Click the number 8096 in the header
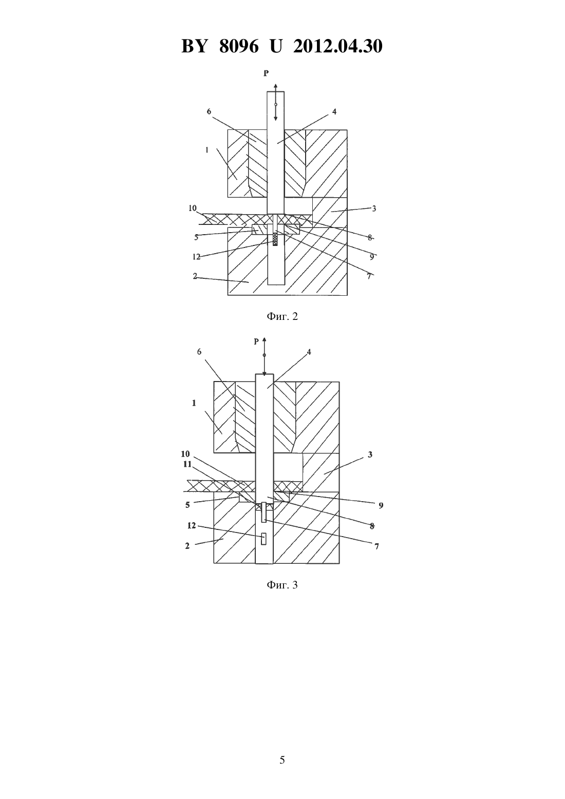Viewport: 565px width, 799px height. pos(239,46)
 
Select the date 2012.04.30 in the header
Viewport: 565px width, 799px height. pos(338,46)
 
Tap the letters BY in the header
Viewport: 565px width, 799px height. pos(194,46)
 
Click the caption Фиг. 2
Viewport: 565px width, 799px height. pos(282,316)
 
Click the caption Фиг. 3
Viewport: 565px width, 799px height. pos(282,585)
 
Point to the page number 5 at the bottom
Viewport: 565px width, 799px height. pos(282,760)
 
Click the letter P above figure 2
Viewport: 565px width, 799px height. pos(266,73)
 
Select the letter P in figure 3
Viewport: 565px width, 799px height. pos(256,341)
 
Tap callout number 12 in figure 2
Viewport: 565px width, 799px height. pos(196,257)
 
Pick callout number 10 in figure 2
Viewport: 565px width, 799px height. pos(193,208)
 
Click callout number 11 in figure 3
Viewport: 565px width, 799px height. pos(187,464)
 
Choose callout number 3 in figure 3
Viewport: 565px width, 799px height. pos(370,454)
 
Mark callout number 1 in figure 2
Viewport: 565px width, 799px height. pos(207,150)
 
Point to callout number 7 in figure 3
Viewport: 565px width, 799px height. pos(376,546)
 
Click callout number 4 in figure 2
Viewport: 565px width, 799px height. pos(334,111)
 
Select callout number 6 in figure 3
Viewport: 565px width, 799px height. pos(199,352)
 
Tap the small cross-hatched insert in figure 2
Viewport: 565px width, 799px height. pos(275,239)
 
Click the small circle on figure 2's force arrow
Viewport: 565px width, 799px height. pos(276,104)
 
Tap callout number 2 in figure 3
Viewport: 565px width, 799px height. pos(187,546)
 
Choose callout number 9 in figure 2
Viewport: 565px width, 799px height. pos(372,257)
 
